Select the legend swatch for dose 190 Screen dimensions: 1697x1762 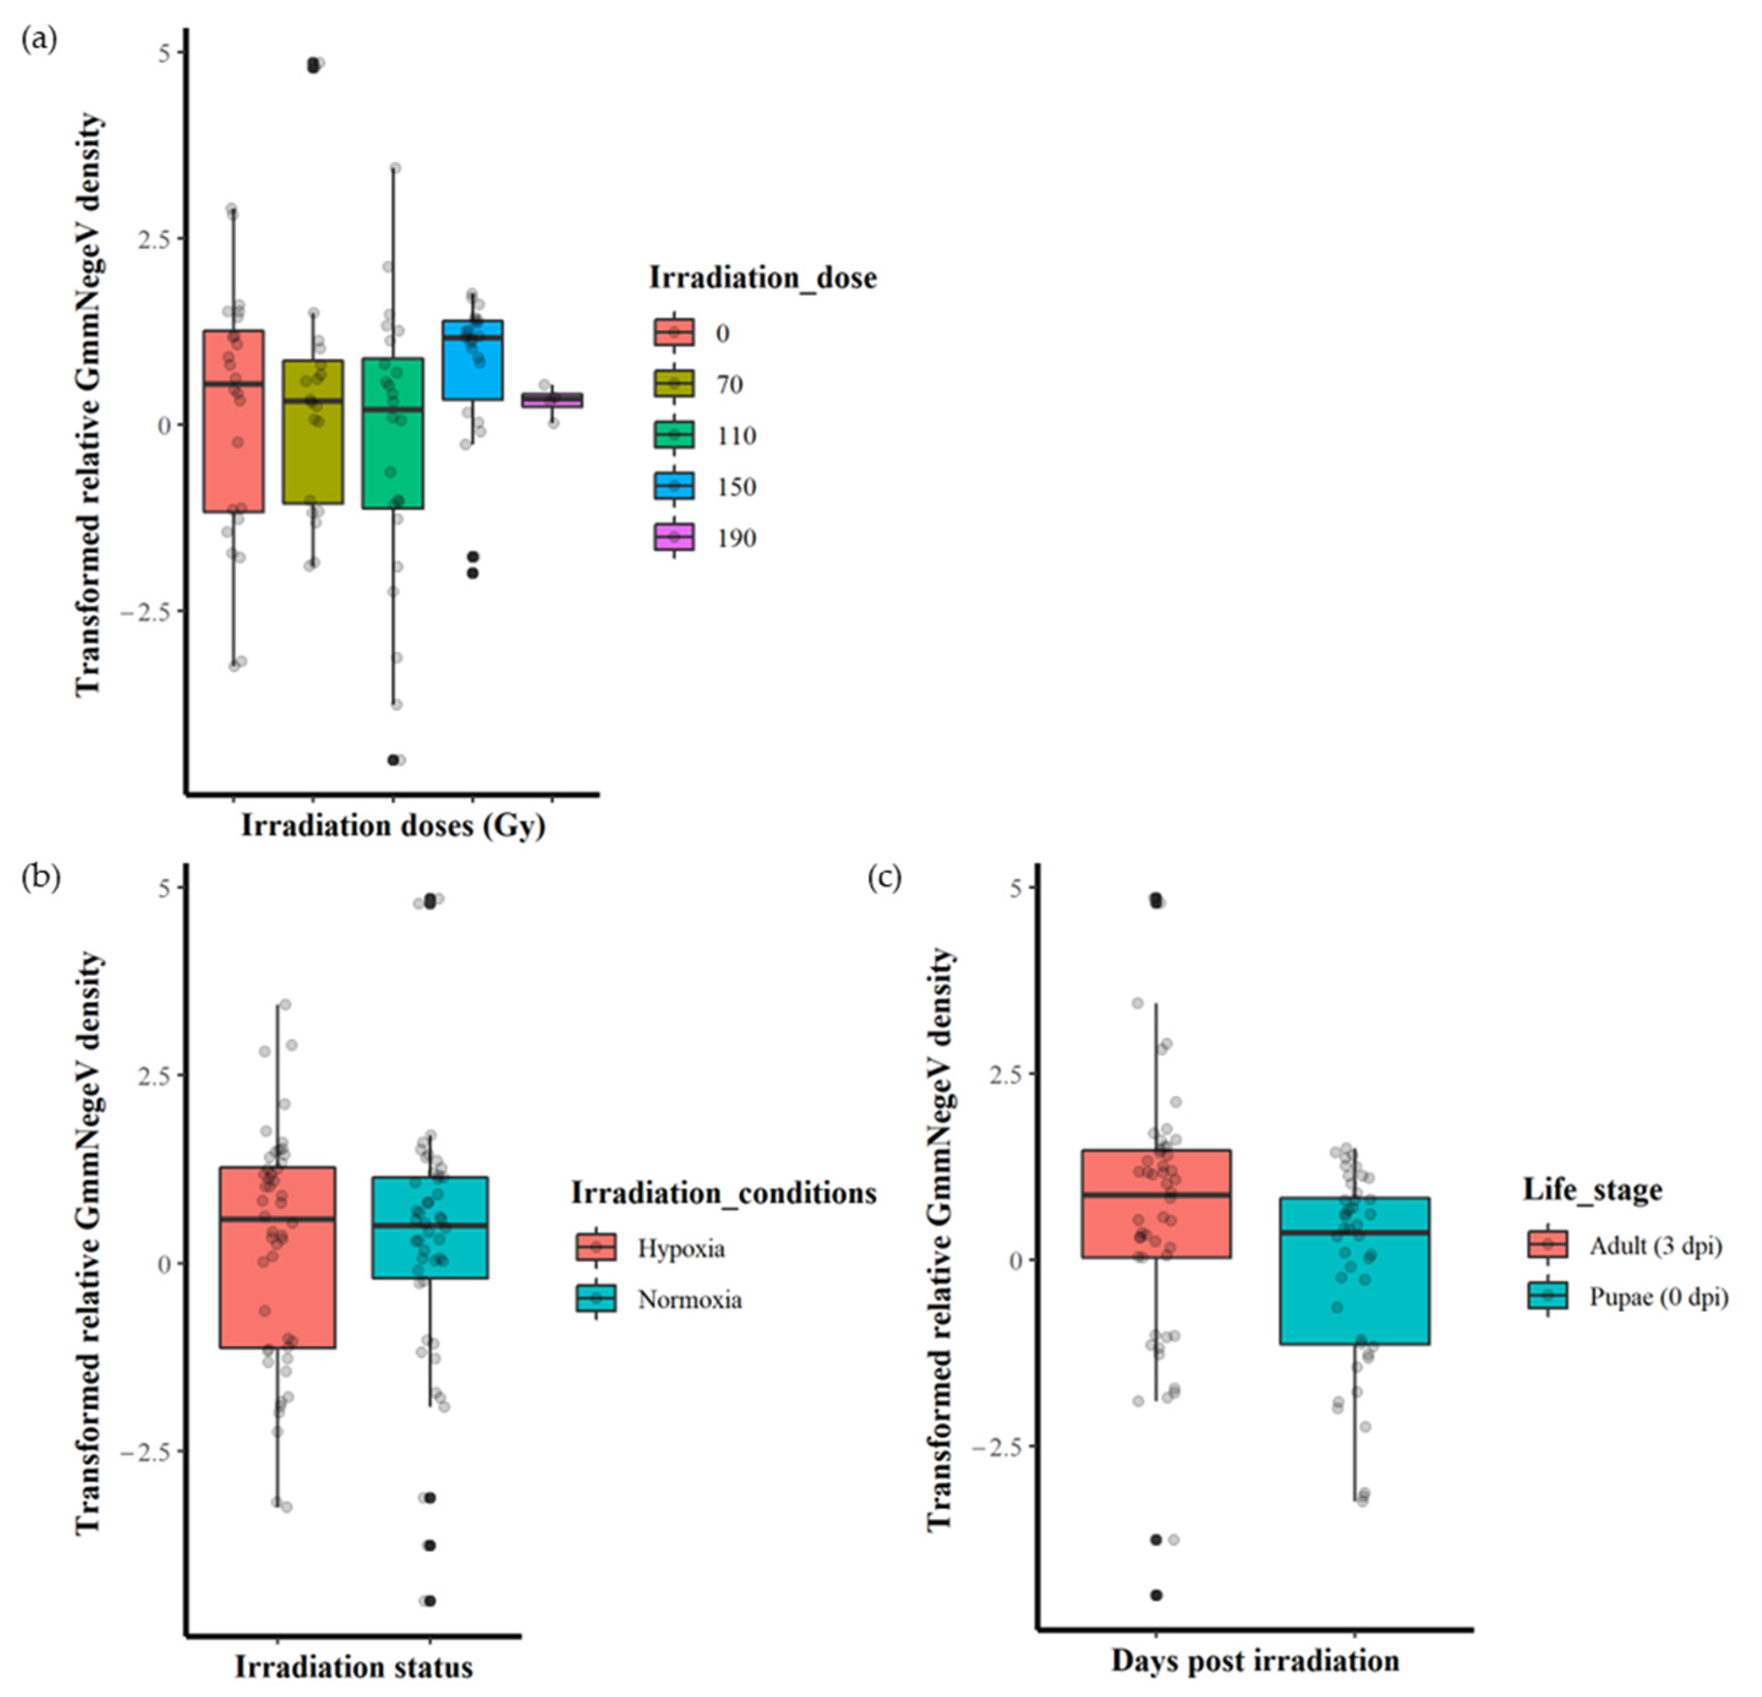coord(674,538)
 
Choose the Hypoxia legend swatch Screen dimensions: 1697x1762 coord(596,1248)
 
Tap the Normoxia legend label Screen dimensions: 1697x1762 coord(690,1300)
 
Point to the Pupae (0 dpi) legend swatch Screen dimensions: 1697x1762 coord(1547,1296)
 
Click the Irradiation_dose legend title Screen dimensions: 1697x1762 coord(762,278)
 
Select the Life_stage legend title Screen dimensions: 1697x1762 coord(1592,1189)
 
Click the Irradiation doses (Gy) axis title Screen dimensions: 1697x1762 coord(393,826)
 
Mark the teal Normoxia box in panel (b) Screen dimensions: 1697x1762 coord(429,1227)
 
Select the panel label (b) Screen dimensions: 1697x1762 coord(40,877)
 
